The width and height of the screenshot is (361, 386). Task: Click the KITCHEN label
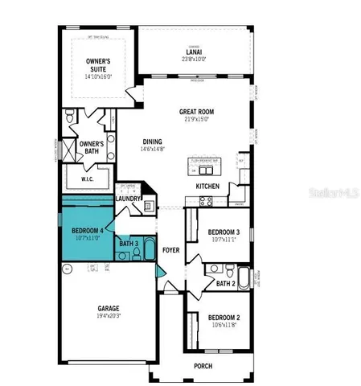coord(209,187)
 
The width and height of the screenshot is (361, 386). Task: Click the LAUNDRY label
coord(129,199)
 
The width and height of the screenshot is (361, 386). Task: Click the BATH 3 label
coord(129,243)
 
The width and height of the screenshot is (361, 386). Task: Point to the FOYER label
coord(171,249)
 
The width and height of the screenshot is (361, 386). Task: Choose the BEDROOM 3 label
coord(219,232)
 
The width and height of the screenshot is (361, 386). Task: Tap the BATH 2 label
coord(226,283)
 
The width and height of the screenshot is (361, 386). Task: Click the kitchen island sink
coord(207,170)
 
